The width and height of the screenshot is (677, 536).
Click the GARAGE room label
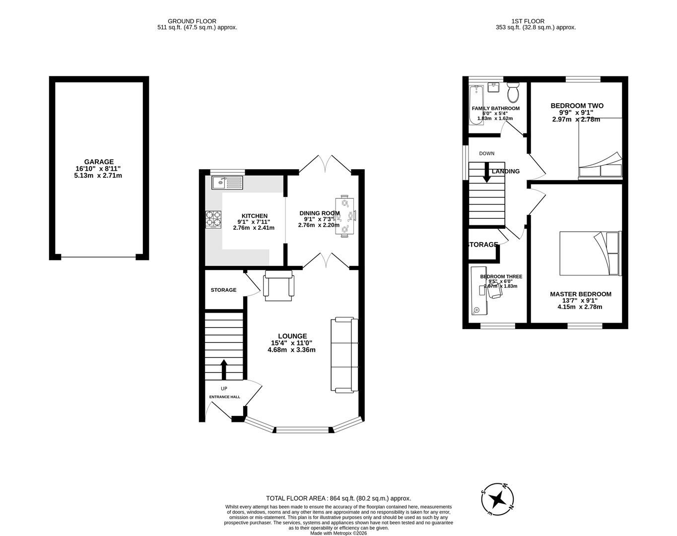(99, 162)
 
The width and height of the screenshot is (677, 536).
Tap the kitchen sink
(227, 183)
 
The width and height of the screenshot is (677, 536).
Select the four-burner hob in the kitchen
(214, 219)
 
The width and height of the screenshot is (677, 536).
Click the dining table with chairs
(345, 217)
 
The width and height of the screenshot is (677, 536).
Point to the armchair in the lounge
(279, 286)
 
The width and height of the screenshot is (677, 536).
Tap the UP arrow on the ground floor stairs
(223, 370)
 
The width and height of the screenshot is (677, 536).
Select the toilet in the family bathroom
(513, 92)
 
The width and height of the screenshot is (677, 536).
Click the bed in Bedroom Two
(600, 148)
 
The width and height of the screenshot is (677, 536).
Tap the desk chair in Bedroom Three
(495, 292)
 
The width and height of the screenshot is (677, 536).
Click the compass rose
(497, 498)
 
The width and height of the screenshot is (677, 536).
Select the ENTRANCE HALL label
(224, 397)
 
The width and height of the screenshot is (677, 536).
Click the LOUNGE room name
(292, 336)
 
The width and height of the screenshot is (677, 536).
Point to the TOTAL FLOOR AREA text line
(338, 498)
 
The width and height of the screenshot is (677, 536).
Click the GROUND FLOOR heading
(192, 21)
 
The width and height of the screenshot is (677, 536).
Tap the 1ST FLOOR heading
(528, 21)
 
